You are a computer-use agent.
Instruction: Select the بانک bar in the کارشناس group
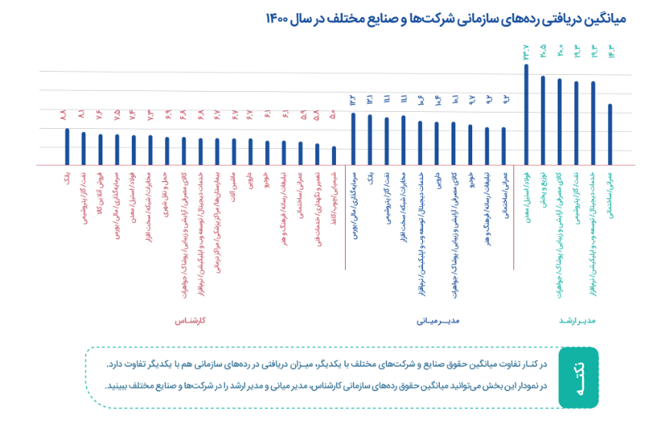67,147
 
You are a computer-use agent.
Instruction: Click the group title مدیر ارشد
575,319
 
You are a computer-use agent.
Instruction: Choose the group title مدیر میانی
441,319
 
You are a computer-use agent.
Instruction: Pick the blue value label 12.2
353,98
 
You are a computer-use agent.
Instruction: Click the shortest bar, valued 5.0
334,156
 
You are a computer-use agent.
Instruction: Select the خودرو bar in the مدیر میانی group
470,145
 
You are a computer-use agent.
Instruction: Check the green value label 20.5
543,51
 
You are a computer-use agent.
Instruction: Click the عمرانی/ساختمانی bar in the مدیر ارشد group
610,135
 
